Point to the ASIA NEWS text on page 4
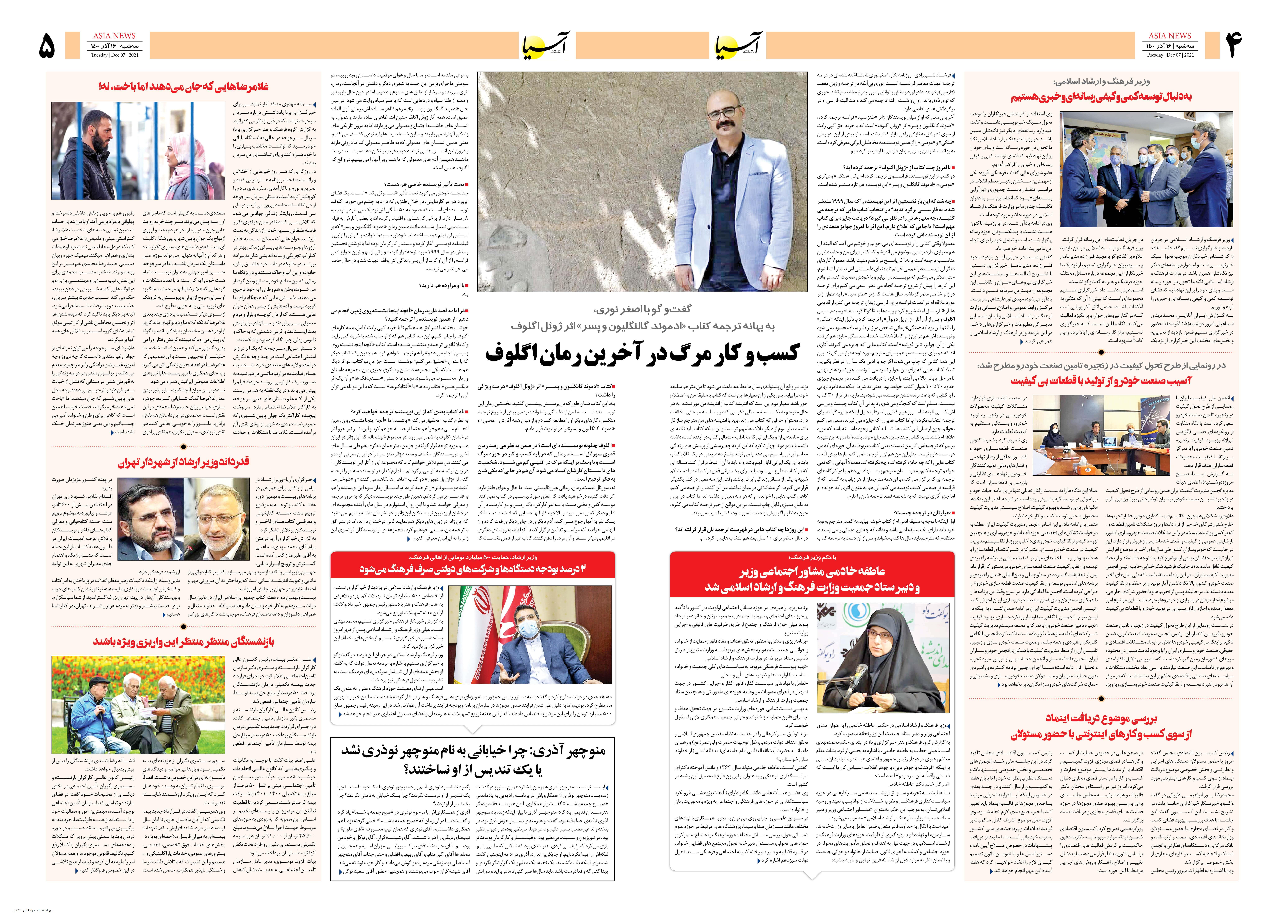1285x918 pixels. [x=1169, y=36]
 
